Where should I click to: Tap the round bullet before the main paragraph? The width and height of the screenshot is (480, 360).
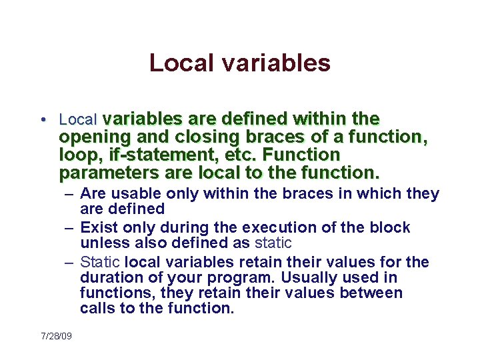pos(42,120)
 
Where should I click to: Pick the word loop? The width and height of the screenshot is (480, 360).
pos(75,155)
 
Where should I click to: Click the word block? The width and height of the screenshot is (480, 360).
pos(389,227)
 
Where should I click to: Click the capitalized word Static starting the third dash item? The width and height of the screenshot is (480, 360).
pos(100,262)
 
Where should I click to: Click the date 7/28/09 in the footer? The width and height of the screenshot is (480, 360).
pos(56,336)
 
